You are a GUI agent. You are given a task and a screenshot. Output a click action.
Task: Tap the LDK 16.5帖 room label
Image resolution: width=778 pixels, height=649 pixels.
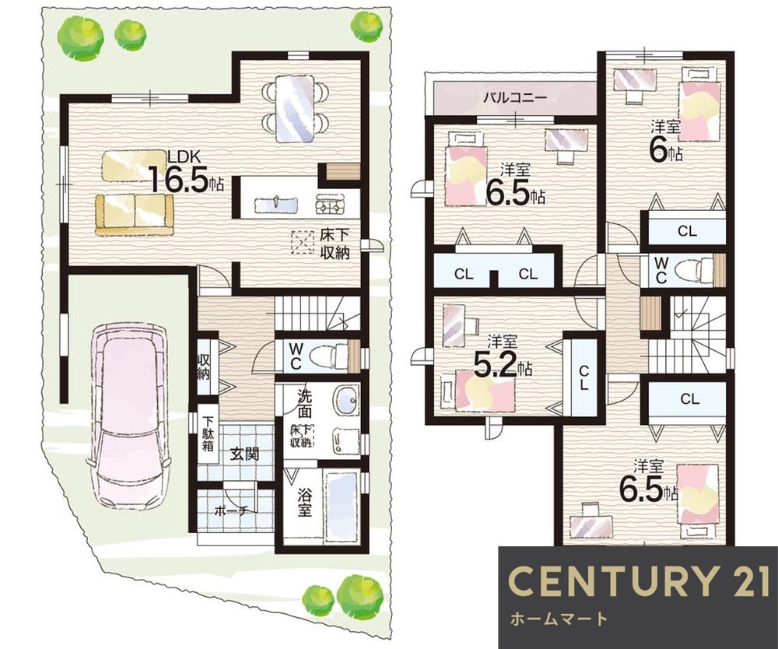pyautogui.click(x=186, y=172)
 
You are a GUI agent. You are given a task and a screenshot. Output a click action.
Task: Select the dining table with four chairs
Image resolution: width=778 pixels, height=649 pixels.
pyautogui.click(x=295, y=107)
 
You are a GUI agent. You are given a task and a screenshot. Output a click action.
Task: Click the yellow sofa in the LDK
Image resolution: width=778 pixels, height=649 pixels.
pyautogui.click(x=135, y=214)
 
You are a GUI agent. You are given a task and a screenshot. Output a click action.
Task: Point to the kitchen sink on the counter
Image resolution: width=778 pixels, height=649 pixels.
pyautogui.click(x=276, y=204)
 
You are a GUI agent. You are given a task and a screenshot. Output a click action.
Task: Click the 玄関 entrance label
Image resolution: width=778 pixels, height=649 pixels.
pyautogui.click(x=245, y=454)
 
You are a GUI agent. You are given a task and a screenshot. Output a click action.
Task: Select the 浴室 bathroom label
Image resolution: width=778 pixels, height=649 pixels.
pyautogui.click(x=304, y=502)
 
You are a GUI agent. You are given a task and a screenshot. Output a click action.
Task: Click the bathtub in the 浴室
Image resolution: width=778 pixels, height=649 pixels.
pyautogui.click(x=342, y=507)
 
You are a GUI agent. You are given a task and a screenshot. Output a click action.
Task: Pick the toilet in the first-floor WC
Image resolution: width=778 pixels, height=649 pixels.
pyautogui.click(x=328, y=355)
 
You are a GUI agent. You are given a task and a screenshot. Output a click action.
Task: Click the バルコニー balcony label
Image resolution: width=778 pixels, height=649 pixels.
pyautogui.click(x=515, y=97)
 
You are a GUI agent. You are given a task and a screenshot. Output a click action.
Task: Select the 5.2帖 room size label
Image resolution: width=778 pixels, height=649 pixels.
pyautogui.click(x=503, y=366)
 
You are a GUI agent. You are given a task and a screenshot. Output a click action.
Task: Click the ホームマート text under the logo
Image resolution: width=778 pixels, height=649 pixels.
pyautogui.click(x=559, y=619)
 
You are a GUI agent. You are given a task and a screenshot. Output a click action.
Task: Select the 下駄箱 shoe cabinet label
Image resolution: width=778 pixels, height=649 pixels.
pyautogui.click(x=208, y=433)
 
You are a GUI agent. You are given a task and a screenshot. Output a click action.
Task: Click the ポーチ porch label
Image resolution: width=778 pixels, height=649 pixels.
pyautogui.click(x=231, y=510)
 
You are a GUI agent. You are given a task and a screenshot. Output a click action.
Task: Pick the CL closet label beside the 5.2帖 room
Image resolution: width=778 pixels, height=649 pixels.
pyautogui.click(x=583, y=378)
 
